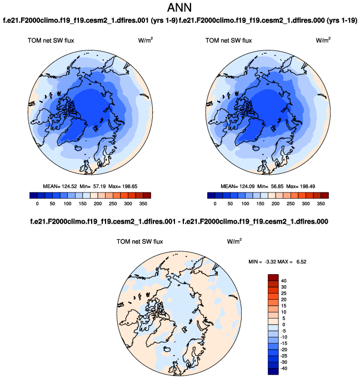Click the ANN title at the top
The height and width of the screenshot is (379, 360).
(x=180, y=8)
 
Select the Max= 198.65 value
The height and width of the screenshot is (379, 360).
(x=124, y=185)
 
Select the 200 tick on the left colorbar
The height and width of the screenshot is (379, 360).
(x=99, y=204)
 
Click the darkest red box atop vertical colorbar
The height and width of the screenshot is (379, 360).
(x=273, y=277)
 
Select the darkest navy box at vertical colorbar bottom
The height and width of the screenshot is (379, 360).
(x=273, y=372)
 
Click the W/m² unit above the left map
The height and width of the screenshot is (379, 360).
(x=146, y=40)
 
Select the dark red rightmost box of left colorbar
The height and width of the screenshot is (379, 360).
(x=147, y=195)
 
